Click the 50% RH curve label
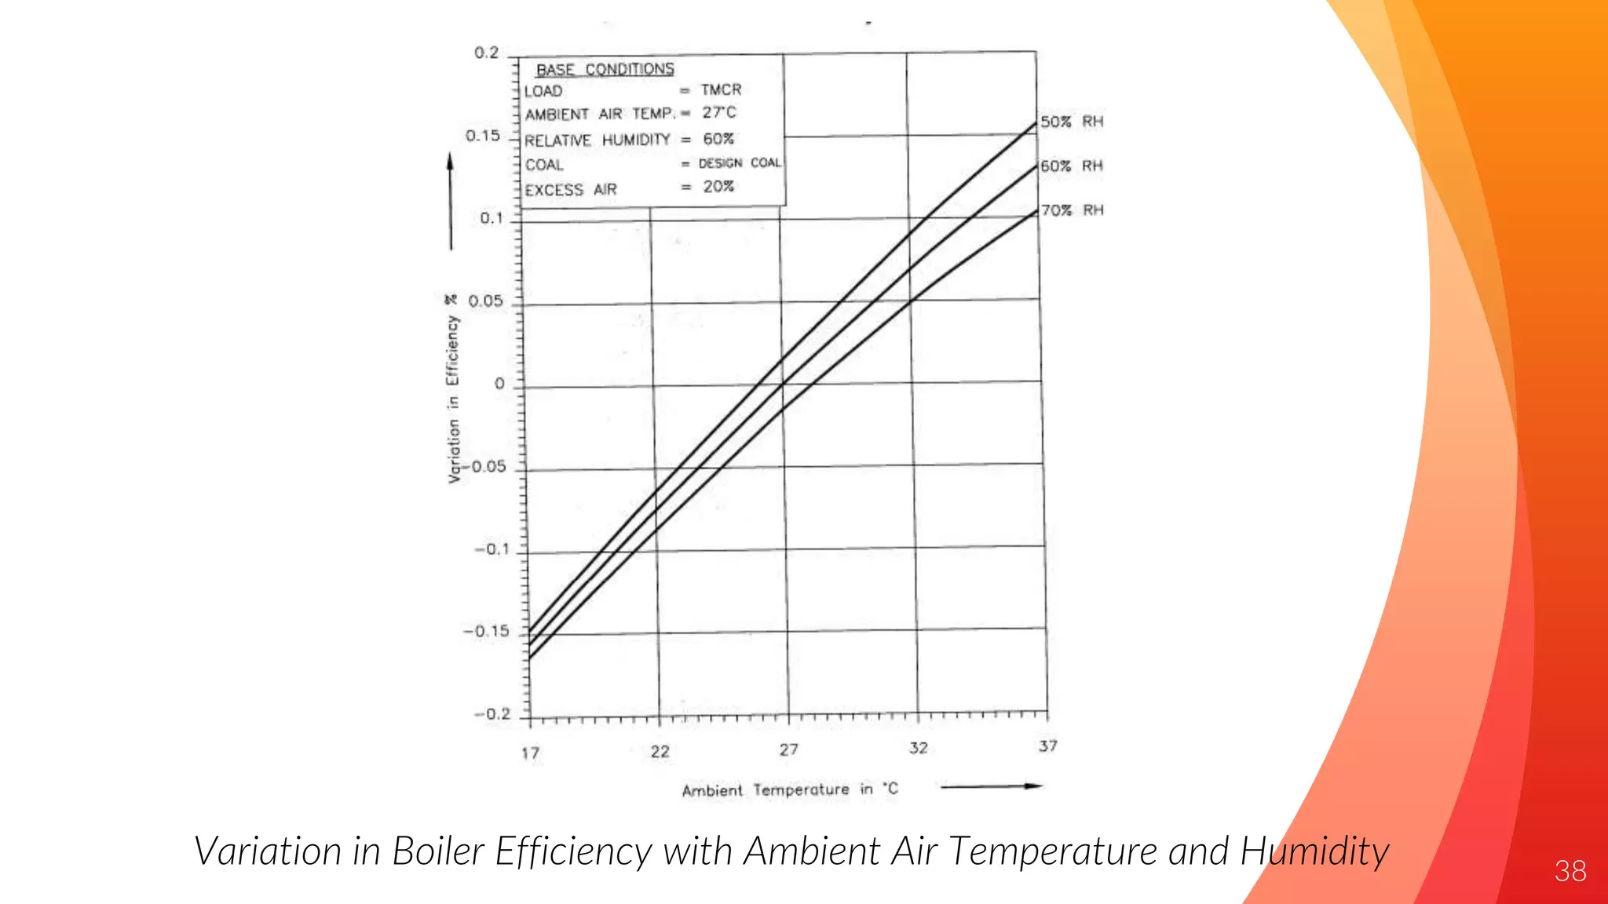(1072, 122)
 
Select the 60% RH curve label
(1072, 166)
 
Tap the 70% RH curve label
(1073, 210)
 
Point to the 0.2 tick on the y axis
(487, 53)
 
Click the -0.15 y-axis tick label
(486, 632)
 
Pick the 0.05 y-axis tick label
(485, 301)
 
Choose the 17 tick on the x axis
(531, 753)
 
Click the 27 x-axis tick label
(789, 750)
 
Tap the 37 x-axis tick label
(1048, 746)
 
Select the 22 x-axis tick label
(660, 752)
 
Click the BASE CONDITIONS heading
(605, 70)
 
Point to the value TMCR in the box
(721, 90)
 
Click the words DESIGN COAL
(740, 163)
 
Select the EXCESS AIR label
(571, 190)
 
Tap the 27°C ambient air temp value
(719, 113)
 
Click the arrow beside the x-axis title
(992, 786)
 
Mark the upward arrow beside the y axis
(450, 201)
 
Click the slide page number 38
(1570, 871)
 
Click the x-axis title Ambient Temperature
(766, 790)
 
